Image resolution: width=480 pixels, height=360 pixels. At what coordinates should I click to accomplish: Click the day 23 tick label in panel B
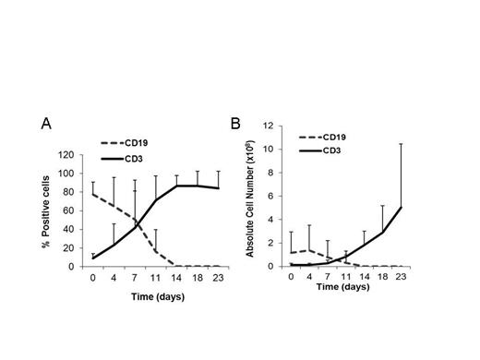(424, 275)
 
